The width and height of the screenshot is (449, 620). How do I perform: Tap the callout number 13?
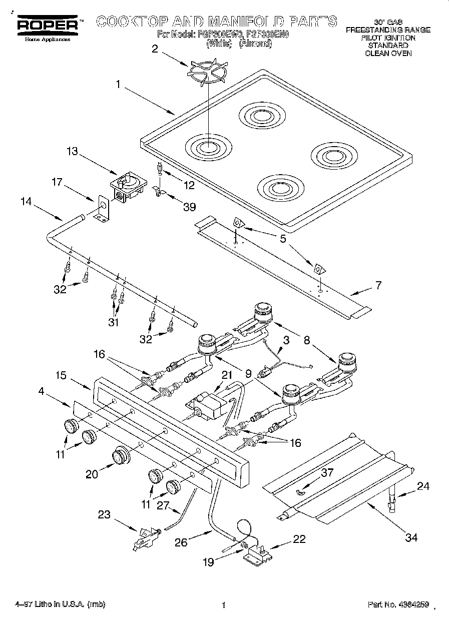click(73, 151)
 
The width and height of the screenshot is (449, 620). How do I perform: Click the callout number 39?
click(189, 207)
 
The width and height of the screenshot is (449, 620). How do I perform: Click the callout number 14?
click(27, 202)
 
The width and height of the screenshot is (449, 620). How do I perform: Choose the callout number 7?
click(378, 286)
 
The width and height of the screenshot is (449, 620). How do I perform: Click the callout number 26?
click(182, 542)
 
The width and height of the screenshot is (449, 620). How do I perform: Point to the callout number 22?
click(299, 539)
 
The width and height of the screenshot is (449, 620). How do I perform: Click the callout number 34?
click(411, 538)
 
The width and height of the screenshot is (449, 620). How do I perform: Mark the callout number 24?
click(423, 485)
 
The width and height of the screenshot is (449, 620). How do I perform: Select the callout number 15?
click(61, 374)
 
